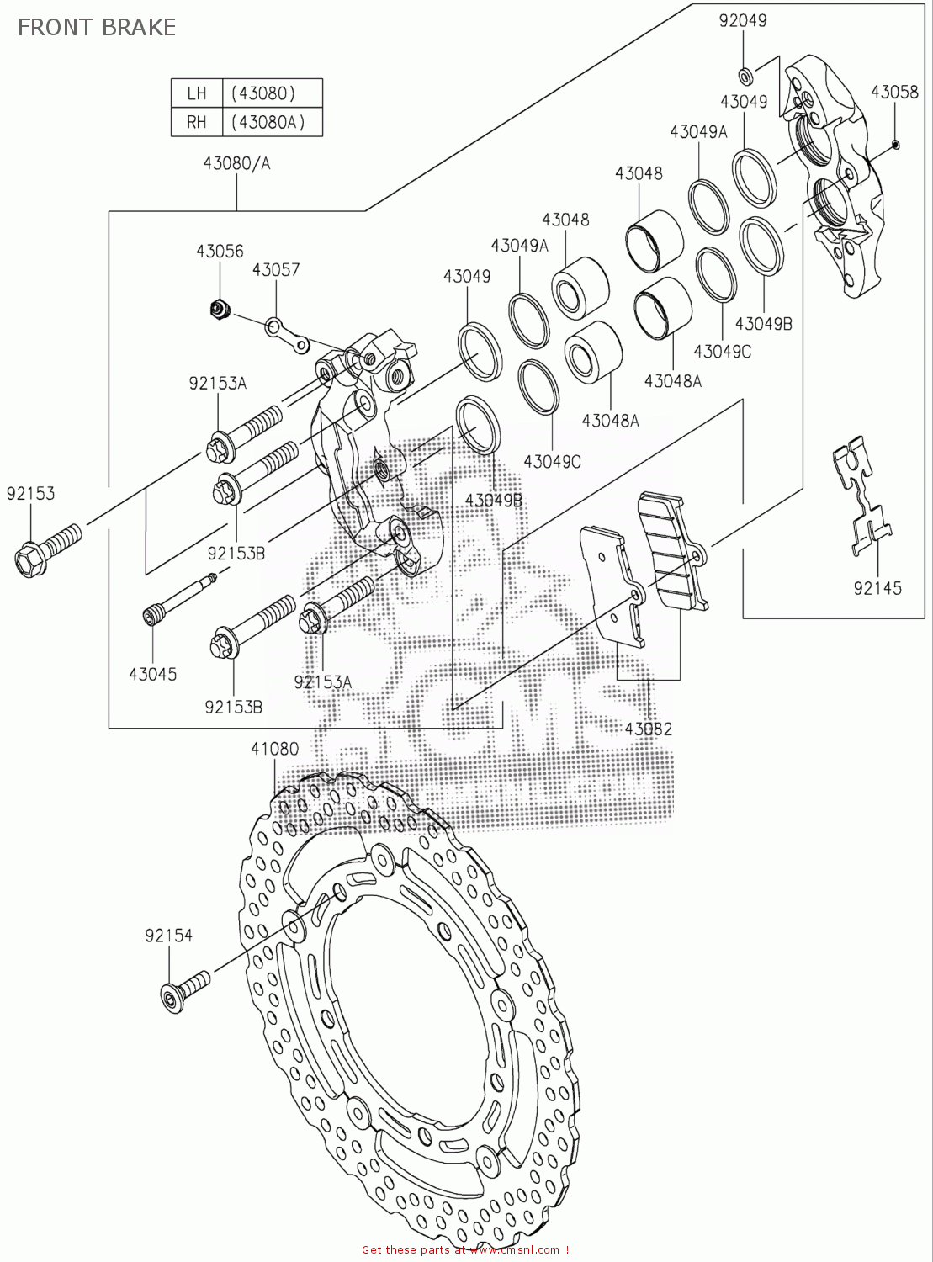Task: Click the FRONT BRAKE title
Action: click(97, 28)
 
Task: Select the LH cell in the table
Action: click(196, 93)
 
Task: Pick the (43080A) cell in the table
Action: click(271, 122)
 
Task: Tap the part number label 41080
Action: click(274, 749)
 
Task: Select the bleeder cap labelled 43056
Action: click(220, 309)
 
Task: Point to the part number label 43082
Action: click(649, 729)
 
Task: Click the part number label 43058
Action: click(894, 92)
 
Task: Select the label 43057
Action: click(276, 269)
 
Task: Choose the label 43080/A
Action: click(236, 163)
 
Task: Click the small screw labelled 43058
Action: click(895, 145)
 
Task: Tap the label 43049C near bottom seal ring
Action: click(552, 462)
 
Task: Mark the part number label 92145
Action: click(877, 588)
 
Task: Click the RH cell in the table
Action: click(196, 122)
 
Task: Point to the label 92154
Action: click(168, 936)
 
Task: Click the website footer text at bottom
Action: click(465, 1250)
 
